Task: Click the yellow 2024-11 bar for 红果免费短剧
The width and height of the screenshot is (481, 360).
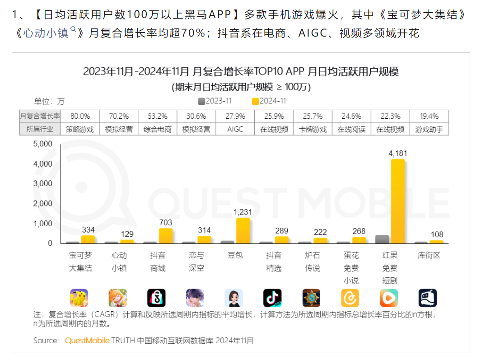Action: pos(397,201)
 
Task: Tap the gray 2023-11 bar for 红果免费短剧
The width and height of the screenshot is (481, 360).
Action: pos(382,239)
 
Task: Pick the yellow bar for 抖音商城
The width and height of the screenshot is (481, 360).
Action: pos(165,235)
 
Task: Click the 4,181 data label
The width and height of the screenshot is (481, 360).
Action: pos(397,154)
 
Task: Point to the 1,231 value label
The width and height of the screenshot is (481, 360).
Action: pos(243,212)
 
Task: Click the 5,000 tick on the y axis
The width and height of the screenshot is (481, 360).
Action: pos(43,144)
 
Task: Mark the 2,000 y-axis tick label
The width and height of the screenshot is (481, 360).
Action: pos(43,204)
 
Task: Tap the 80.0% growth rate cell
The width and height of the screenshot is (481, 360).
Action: pos(80,116)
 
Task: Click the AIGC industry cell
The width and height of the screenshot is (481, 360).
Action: pos(235,129)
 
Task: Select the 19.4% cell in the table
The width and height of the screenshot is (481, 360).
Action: pos(429,116)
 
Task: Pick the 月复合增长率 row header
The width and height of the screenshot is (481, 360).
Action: pos(40,116)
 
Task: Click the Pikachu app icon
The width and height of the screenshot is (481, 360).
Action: pos(79,298)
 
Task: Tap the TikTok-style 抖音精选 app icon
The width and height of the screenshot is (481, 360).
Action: pos(272,298)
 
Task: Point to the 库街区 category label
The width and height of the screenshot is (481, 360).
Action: pos(429,255)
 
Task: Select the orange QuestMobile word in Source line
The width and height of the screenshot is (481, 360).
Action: pos(87,340)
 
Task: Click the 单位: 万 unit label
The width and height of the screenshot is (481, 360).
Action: pos(49,101)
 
